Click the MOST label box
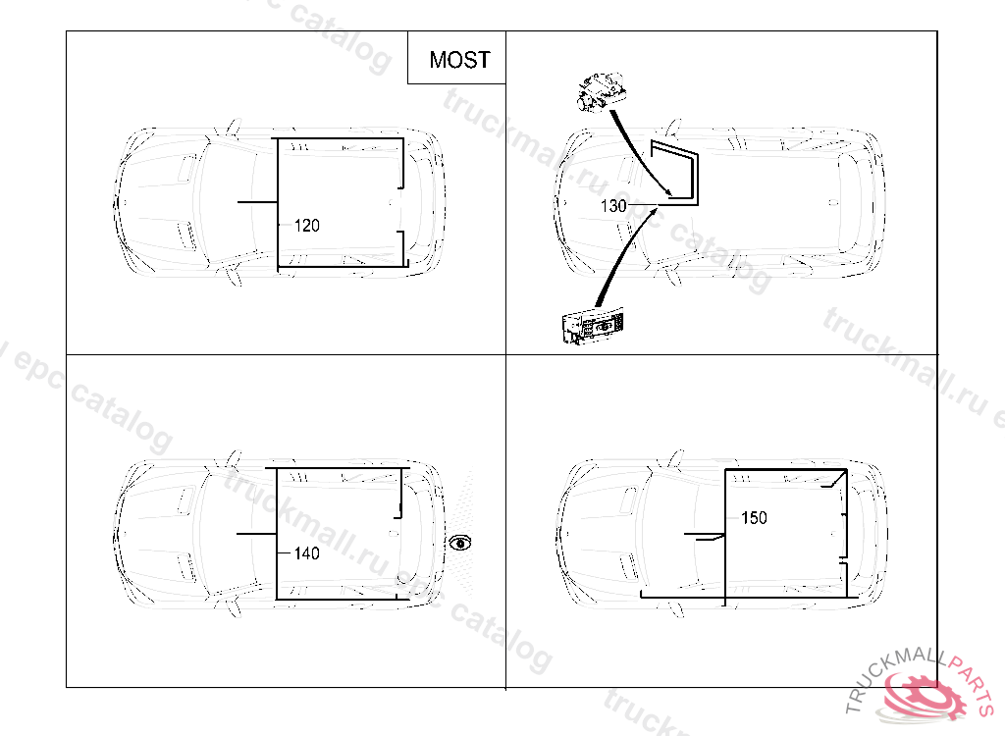point(457,59)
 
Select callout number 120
point(307,226)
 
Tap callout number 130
point(613,206)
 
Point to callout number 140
point(307,553)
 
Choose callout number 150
point(754,517)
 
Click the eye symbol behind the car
point(461,543)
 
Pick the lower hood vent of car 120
point(183,233)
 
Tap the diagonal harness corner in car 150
point(836,479)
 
